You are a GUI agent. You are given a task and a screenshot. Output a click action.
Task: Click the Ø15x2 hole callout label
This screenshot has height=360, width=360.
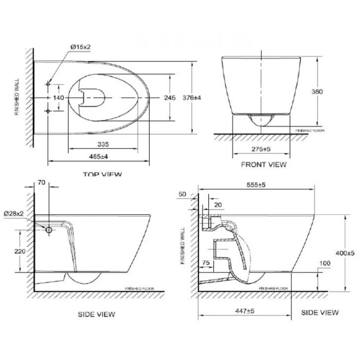pyautogui.click(x=80, y=48)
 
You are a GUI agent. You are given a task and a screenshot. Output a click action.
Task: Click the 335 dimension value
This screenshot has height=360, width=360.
pyautogui.click(x=103, y=144)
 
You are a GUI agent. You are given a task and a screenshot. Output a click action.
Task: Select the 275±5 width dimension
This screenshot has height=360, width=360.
pyautogui.click(x=262, y=149)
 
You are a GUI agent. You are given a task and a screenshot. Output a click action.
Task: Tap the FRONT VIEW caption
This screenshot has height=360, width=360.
pyautogui.click(x=264, y=164)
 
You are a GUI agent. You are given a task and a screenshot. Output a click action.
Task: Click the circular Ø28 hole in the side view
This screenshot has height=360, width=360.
pyautogui.click(x=49, y=230)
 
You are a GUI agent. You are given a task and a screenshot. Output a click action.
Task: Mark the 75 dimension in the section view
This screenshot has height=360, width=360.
pyautogui.click(x=205, y=263)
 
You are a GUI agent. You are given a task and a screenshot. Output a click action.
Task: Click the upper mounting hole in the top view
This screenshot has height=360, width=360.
pyautogui.click(x=48, y=84)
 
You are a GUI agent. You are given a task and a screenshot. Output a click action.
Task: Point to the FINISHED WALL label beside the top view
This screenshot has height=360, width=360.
pyautogui.click(x=17, y=97)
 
